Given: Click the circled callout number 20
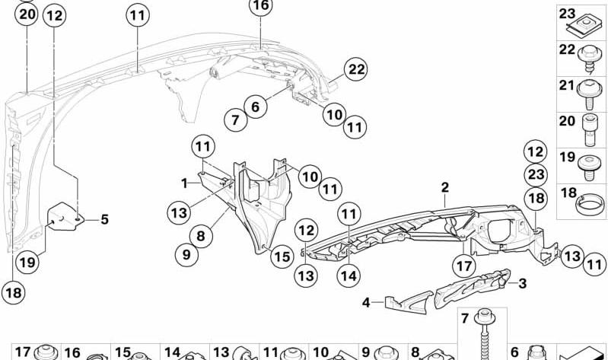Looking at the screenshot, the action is pos(27,14).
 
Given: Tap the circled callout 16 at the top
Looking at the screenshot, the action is pos(260,5).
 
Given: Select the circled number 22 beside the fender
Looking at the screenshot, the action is pos(356,69).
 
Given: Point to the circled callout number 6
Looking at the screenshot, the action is pos(255,106).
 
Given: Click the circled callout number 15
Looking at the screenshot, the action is pos(282,256).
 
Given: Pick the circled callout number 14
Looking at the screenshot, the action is pos(349,276).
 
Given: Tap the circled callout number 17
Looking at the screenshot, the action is pos(464,266).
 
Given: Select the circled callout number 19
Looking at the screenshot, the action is pos(27,263).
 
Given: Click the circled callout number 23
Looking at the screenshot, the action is pos(536,174).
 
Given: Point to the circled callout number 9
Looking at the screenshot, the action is pos(186,254).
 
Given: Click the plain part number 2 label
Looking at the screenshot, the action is pos(444,188).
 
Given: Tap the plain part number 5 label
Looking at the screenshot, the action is pos(105,219).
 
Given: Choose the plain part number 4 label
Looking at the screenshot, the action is pos(366,302).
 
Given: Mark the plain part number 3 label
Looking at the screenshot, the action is pos(522,284).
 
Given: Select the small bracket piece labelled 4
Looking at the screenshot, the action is pos(409,302).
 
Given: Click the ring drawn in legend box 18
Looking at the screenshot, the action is pos(590,204).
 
